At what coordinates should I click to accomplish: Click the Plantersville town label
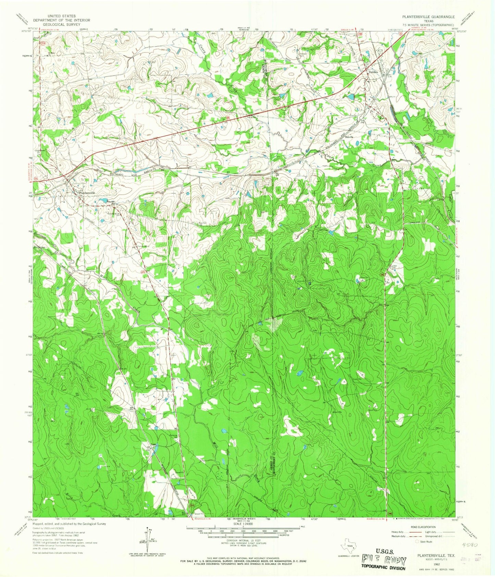87,193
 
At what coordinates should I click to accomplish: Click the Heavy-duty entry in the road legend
397,532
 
